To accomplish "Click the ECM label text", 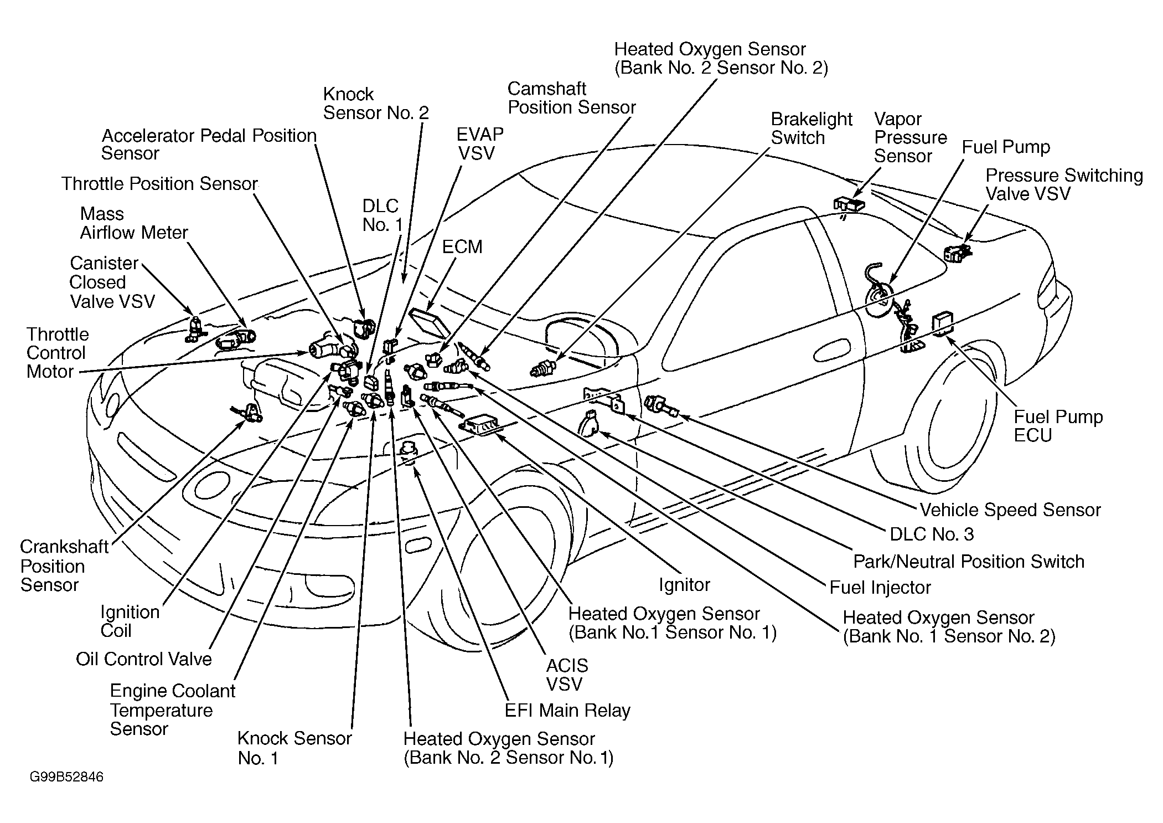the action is [x=462, y=247].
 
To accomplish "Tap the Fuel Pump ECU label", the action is [x=1058, y=426].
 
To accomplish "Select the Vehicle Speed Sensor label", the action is [x=1010, y=510].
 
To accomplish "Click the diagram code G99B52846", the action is [x=66, y=777].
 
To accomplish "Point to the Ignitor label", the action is [x=684, y=585].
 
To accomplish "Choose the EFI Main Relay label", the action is [x=567, y=711].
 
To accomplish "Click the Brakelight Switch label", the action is [x=811, y=128].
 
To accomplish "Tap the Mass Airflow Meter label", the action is [x=134, y=223].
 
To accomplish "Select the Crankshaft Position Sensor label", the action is [x=64, y=566].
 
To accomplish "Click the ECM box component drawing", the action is [x=428, y=323].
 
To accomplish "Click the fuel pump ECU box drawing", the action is [x=942, y=325].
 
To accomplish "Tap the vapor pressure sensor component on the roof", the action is [x=849, y=204].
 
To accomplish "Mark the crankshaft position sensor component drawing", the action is [x=247, y=412].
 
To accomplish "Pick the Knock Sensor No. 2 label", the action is [x=376, y=104].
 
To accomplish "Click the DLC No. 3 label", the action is [x=932, y=534].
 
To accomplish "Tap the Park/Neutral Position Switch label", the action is [x=969, y=562].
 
